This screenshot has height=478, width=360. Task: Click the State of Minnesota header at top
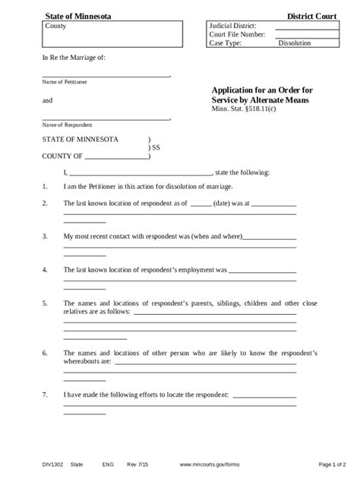[77, 16]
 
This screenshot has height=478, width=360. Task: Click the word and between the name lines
[47, 100]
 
